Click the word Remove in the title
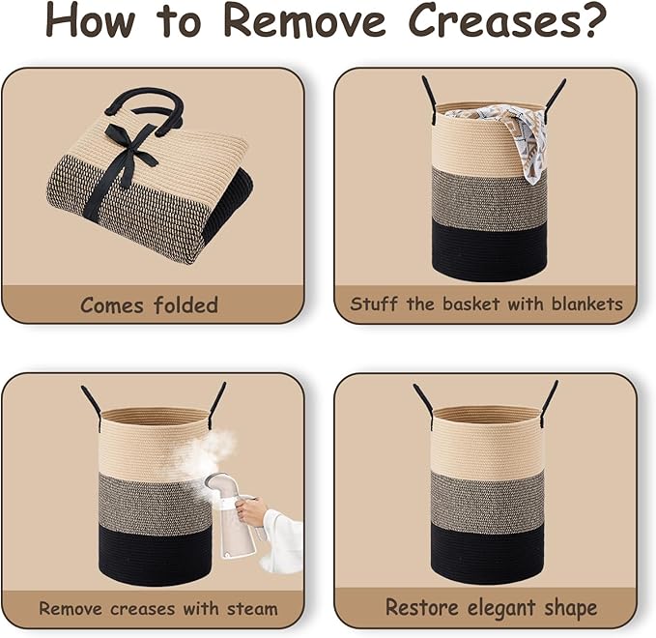point(304,20)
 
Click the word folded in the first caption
point(185,304)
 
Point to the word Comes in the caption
point(112,305)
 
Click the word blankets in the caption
point(587,304)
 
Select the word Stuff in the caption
point(374,304)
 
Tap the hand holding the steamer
point(250,511)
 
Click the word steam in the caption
point(252,609)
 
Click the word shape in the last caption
point(570,608)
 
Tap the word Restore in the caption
point(421,607)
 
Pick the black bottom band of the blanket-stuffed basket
point(489,250)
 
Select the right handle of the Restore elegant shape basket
point(549,403)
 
